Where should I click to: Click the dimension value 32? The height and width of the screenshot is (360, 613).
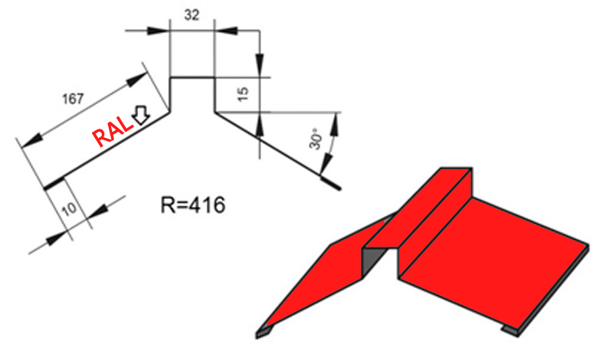click(192, 15)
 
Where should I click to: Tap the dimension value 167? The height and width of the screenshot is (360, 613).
click(73, 99)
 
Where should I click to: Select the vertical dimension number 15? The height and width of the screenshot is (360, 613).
click(243, 93)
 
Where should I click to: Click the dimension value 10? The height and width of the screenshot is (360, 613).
click(69, 210)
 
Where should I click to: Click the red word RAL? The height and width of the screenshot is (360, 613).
click(111, 132)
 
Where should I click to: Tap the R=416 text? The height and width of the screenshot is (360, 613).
click(193, 205)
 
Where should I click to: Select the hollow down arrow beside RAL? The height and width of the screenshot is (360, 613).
click(140, 115)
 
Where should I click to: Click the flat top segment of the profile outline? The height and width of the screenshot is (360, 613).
click(192, 78)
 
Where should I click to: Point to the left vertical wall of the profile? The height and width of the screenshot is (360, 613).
click(170, 95)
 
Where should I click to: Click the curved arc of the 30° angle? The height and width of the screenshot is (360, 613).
click(331, 142)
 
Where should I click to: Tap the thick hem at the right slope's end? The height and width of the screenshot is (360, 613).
click(330, 183)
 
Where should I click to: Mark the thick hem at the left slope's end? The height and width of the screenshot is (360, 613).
click(54, 184)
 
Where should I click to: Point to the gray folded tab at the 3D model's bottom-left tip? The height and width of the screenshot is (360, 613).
click(263, 332)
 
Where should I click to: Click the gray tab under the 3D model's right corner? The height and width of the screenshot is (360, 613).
click(510, 331)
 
